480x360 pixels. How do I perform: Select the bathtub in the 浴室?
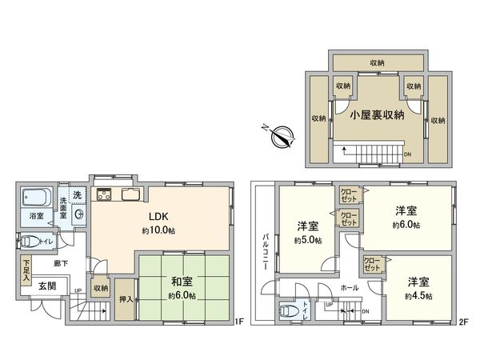pos(37,197)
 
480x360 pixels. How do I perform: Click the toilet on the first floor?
pos(28,241)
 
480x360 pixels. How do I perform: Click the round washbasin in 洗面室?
pos(79,216)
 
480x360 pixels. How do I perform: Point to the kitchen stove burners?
pos(105,195)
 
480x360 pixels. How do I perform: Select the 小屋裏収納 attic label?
pos(376,114)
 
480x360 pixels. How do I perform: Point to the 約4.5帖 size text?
pos(417,295)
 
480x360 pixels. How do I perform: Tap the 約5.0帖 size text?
pos(307,240)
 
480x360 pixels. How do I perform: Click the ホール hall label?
pos(350,286)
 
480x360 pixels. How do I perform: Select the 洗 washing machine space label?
pos(77,195)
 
